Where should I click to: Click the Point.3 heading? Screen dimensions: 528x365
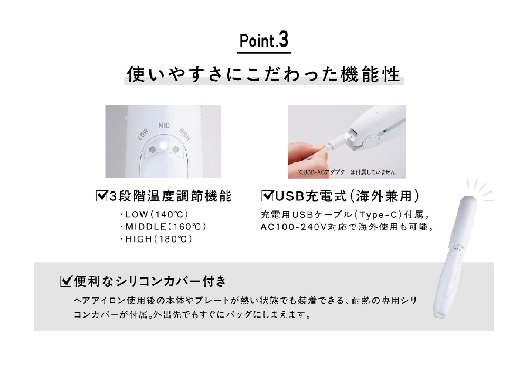pos(264,40)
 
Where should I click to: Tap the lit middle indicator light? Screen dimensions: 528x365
pos(164,146)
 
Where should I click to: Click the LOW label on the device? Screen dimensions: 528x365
pos(143,134)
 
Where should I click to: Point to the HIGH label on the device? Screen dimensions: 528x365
pos(184,134)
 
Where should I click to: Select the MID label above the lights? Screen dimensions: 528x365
pos(164,126)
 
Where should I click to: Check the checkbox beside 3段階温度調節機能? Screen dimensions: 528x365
pos(101,196)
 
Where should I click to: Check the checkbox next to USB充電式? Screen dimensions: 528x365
pos(267,196)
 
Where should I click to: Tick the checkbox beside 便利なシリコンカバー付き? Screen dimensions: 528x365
pos(66,281)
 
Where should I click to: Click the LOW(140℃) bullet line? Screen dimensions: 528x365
pos(154,214)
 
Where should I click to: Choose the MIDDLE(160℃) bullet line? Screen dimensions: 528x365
pos(163,227)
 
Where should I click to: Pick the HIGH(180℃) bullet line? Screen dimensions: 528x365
pos(156,239)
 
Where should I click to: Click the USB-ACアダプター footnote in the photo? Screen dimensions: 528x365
pos(347,172)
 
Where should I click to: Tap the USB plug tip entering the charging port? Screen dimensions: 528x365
pos(346,137)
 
